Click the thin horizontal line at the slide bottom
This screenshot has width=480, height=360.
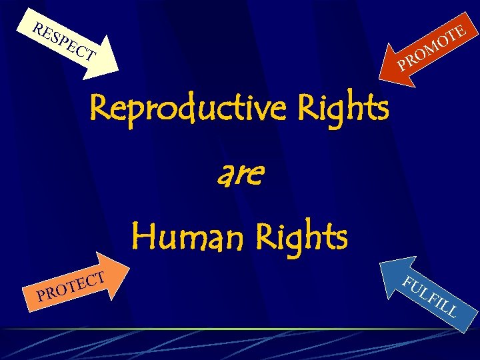(240, 329)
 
